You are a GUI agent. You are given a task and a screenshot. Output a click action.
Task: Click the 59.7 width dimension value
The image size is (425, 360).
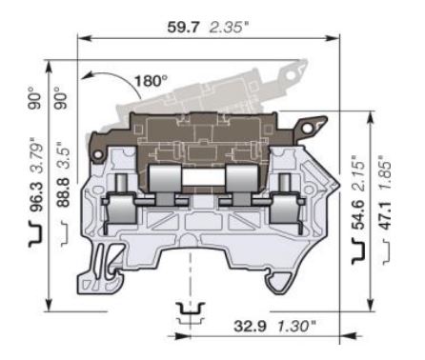[183, 28]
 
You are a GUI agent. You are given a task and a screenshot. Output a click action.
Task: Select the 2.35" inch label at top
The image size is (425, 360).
[229, 28]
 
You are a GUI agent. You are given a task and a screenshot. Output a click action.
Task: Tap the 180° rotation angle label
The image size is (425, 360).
[151, 81]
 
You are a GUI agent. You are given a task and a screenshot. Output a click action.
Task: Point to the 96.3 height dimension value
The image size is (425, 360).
[38, 197]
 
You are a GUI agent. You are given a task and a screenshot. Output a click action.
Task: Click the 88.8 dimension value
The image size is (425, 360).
[64, 192]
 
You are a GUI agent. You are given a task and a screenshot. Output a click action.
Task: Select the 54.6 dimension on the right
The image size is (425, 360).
[358, 215]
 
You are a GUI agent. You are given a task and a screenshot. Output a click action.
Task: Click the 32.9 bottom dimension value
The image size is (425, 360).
[250, 326]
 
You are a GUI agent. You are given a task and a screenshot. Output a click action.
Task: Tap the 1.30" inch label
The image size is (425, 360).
[297, 326]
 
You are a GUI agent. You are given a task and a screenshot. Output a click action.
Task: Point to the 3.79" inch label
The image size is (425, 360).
[38, 158]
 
